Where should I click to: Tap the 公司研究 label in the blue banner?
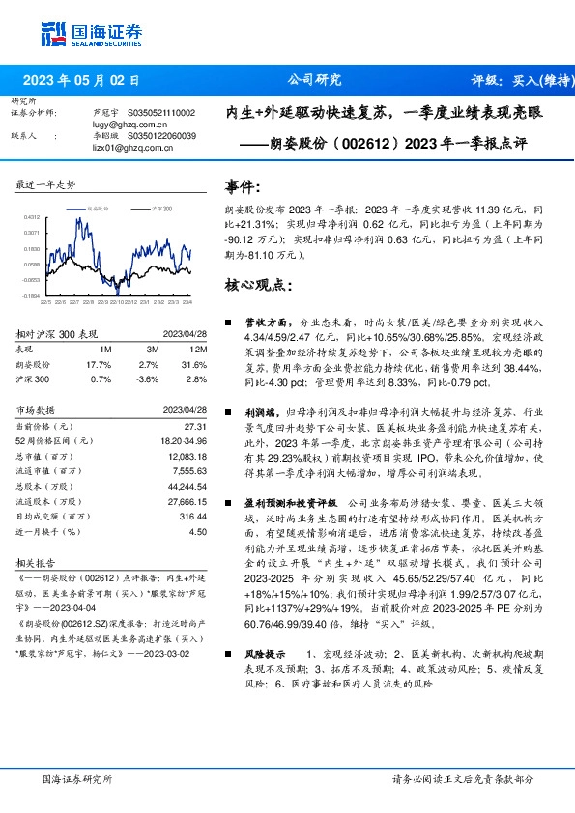point(315,81)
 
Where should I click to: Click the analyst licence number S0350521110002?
point(160,113)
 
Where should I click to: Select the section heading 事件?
point(243,185)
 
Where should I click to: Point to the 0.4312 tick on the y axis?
point(32,217)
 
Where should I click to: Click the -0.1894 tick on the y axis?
point(32,296)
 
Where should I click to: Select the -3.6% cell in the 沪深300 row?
point(148,379)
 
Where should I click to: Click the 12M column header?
point(198,349)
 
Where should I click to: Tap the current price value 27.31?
point(196,426)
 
